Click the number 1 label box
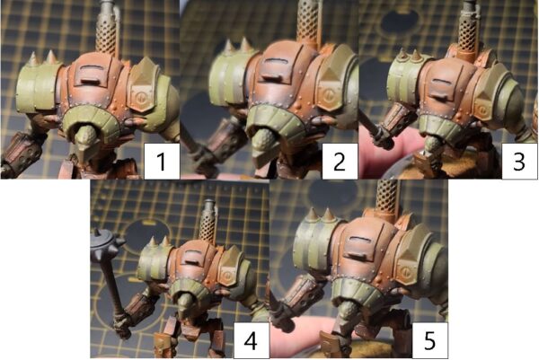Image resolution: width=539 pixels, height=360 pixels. [x=162, y=161]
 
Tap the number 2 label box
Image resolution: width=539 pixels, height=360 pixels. [x=340, y=161]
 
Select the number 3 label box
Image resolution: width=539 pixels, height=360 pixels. [x=519, y=161]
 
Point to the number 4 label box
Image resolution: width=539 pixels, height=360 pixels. [x=252, y=340]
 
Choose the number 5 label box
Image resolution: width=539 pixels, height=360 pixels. [x=429, y=340]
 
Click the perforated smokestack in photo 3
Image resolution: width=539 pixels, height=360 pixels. [x=468, y=30]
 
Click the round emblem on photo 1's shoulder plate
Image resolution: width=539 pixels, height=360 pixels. [x=141, y=99]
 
